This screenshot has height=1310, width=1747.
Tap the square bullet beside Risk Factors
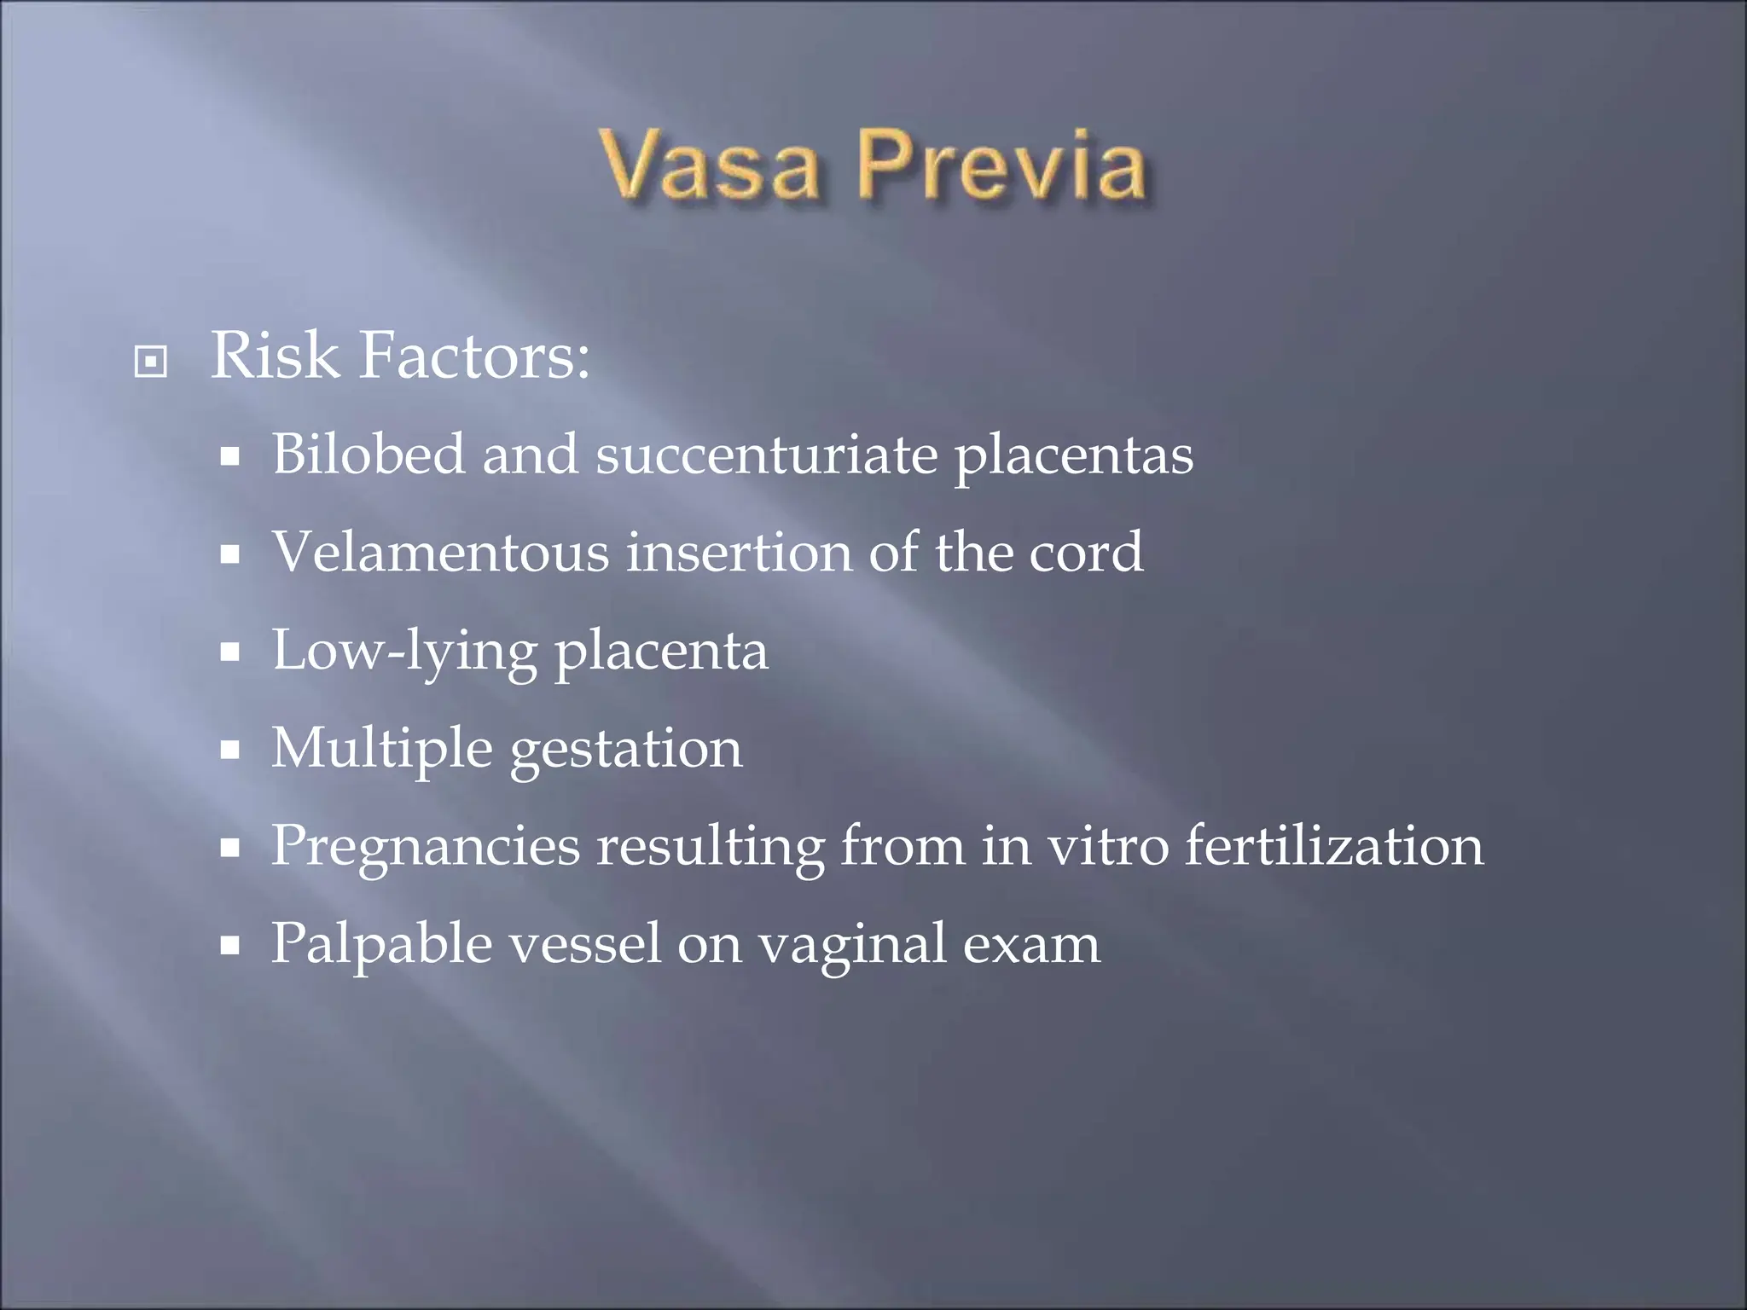[151, 362]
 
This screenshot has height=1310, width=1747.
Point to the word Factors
[474, 356]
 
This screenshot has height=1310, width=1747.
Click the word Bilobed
[369, 454]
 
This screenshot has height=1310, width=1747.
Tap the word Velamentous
[440, 552]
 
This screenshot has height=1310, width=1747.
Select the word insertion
[739, 552]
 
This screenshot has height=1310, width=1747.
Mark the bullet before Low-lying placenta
[229, 653]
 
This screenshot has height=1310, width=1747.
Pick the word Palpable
[381, 945]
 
